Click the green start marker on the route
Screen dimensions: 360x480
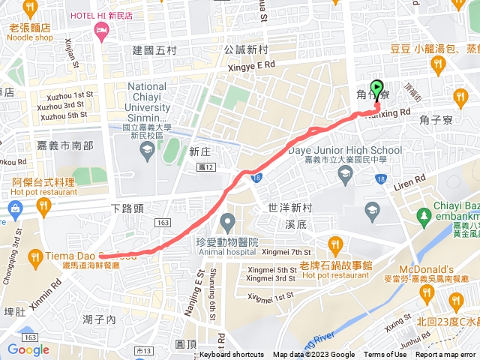[x=377, y=89]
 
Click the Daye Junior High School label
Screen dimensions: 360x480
[x=345, y=149]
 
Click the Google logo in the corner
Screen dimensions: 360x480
[x=28, y=349]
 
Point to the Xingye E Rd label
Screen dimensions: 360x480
[x=248, y=65]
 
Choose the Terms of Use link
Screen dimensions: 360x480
[x=385, y=355]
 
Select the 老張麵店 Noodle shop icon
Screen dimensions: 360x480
[x=30, y=10]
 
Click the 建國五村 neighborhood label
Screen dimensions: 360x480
[x=154, y=51]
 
